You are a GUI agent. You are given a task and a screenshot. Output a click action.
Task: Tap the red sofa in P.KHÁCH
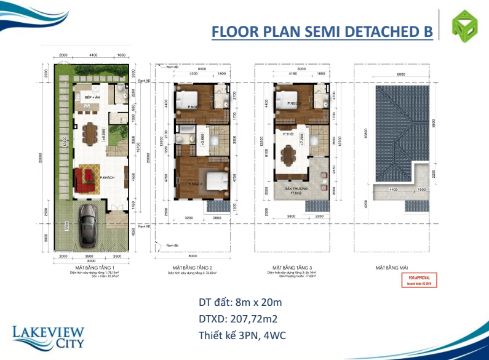pyautogui.click(x=82, y=179)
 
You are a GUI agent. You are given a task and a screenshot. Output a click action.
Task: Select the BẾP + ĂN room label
pyautogui.click(x=92, y=98)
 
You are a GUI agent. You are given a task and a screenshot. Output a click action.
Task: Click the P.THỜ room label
pyautogui.click(x=287, y=134)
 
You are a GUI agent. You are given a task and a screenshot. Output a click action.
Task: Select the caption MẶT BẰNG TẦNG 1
pyautogui.click(x=92, y=268)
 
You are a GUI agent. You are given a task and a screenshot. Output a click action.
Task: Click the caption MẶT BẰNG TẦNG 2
pyautogui.click(x=192, y=268)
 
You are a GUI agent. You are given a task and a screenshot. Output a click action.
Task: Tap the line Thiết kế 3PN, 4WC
pyautogui.click(x=242, y=335)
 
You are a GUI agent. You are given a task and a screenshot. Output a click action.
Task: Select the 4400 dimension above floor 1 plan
pyautogui.click(x=93, y=55)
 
